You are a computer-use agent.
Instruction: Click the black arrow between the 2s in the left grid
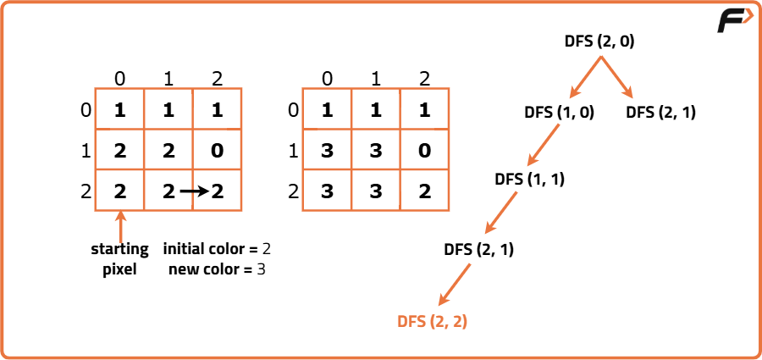(195, 191)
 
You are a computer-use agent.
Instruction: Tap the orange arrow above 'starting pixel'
(120, 227)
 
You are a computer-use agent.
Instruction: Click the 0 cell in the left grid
(218, 150)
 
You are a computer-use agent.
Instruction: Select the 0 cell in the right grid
(425, 150)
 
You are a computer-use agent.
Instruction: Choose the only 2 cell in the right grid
(425, 191)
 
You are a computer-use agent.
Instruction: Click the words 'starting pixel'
(120, 259)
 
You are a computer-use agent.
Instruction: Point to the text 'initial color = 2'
(217, 250)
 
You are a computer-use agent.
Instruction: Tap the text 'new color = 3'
(217, 269)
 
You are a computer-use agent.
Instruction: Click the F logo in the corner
(735, 21)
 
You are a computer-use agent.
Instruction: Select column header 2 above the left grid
(218, 78)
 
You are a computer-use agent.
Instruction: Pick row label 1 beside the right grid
(293, 152)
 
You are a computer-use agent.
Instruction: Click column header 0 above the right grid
(328, 78)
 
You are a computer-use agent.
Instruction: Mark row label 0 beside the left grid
(86, 110)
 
